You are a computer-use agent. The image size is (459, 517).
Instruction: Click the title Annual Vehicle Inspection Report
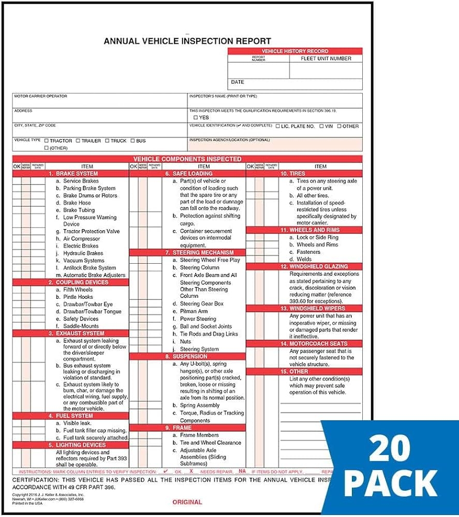click(x=187, y=41)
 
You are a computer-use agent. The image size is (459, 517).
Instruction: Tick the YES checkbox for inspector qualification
click(x=196, y=118)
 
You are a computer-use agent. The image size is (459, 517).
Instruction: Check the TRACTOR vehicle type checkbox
click(x=47, y=141)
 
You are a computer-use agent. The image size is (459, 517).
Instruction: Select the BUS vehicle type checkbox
click(x=132, y=141)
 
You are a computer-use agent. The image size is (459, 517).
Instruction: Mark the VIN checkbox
click(x=321, y=126)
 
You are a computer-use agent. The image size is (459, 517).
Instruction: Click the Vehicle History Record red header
click(x=295, y=51)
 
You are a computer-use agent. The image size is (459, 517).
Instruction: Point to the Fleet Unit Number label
click(x=326, y=59)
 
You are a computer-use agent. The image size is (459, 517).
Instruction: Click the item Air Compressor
click(x=81, y=239)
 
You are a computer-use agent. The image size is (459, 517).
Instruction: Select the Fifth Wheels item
click(x=78, y=290)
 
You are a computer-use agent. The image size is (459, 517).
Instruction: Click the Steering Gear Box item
click(x=201, y=304)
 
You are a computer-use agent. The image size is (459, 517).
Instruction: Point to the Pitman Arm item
click(x=194, y=312)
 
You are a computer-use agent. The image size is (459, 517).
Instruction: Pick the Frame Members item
click(x=199, y=435)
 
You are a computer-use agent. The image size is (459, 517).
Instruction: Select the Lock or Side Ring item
click(x=317, y=237)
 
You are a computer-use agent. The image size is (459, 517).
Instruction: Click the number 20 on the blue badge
click(x=391, y=450)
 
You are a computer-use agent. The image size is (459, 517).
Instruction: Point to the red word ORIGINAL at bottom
click(x=187, y=502)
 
